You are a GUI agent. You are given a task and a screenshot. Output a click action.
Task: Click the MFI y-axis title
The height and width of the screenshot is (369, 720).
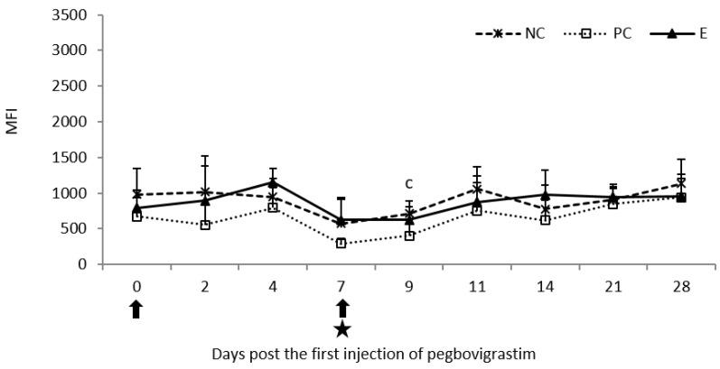(x=13, y=124)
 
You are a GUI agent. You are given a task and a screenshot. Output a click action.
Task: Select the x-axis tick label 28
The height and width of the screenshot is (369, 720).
(x=681, y=286)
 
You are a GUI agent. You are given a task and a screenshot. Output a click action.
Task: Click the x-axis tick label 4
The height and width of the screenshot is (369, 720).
(x=273, y=286)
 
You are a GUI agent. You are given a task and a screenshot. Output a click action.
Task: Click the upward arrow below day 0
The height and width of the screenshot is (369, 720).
(x=136, y=309)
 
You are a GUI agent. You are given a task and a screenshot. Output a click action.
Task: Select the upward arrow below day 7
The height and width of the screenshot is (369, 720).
(x=341, y=309)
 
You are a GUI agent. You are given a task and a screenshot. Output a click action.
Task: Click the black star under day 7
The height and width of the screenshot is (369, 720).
(x=341, y=329)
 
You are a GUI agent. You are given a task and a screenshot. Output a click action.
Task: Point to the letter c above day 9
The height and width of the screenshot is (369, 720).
(x=409, y=183)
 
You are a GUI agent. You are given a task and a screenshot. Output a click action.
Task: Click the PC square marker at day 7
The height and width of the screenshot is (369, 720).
(x=341, y=243)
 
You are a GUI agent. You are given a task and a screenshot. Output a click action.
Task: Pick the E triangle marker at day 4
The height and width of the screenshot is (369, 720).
(x=273, y=182)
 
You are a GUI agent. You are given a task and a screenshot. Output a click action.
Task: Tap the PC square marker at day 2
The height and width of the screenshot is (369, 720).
(x=205, y=225)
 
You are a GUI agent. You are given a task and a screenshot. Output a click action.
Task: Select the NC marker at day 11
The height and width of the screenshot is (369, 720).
(x=477, y=189)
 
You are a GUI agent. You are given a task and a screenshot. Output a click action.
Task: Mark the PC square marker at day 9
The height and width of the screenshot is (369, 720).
(x=409, y=235)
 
